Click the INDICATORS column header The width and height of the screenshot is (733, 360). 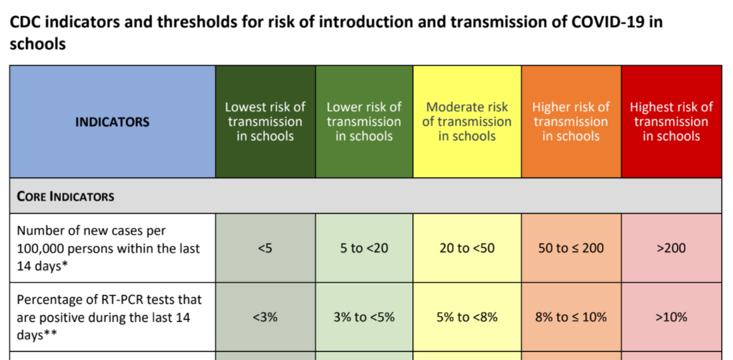pyautogui.click(x=112, y=122)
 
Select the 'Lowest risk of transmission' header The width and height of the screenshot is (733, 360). pyautogui.click(x=265, y=121)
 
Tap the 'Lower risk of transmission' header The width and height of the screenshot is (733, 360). pyautogui.click(x=364, y=121)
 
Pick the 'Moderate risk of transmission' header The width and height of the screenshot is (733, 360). pyautogui.click(x=466, y=121)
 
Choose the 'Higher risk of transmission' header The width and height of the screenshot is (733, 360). pyautogui.click(x=571, y=121)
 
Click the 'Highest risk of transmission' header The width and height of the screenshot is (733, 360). pyautogui.click(x=671, y=121)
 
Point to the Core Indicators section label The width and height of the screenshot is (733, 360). pyautogui.click(x=65, y=196)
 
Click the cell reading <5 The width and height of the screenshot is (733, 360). pyautogui.click(x=265, y=248)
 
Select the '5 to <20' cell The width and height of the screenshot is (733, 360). pyautogui.click(x=364, y=248)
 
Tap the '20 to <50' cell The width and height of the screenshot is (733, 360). pyautogui.click(x=466, y=248)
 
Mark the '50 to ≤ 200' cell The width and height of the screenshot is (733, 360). pyautogui.click(x=571, y=248)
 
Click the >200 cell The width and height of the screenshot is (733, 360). pyautogui.click(x=671, y=248)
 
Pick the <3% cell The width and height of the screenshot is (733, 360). pyautogui.click(x=265, y=317)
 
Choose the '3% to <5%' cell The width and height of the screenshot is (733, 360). pyautogui.click(x=364, y=317)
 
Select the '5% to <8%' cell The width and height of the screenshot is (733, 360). pyautogui.click(x=466, y=317)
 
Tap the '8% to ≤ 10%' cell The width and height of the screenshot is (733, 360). pyautogui.click(x=571, y=317)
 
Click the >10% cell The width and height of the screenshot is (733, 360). pyautogui.click(x=671, y=317)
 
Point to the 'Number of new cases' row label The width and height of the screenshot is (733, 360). pyautogui.click(x=109, y=248)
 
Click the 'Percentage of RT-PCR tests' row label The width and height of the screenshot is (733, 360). pyautogui.click(x=109, y=317)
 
